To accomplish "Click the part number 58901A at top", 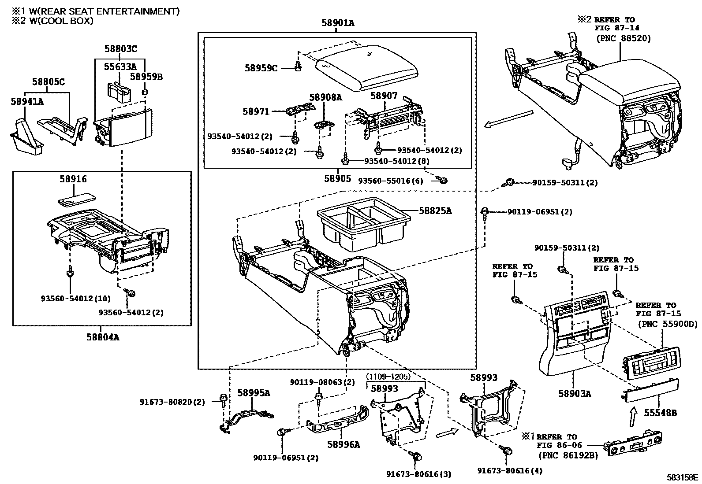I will coord(337,23).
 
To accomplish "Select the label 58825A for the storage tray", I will coord(435,211).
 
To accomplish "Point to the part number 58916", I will coord(73,179).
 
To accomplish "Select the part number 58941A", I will coord(27,101).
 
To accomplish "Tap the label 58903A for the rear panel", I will coord(574,393).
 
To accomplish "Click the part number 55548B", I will coord(660,413).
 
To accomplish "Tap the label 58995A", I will coord(254,393).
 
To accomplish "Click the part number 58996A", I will coord(343,445).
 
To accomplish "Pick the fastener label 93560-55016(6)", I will coord(390,181).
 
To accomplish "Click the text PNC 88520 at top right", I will coord(624,38).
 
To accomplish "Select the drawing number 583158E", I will coord(682,477).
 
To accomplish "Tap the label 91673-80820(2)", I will coord(172,402).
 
